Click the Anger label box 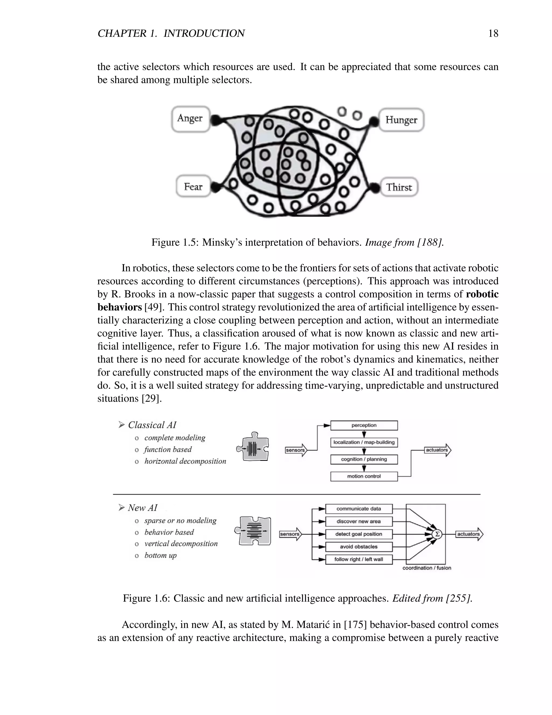[x=191, y=119]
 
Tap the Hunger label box [x=401, y=120]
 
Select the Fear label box [x=193, y=187]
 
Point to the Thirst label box [x=399, y=187]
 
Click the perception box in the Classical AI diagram [x=364, y=425]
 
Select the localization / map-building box [x=364, y=442]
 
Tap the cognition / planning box [x=364, y=459]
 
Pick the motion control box [x=364, y=476]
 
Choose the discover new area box [x=359, y=522]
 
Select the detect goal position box [x=359, y=534]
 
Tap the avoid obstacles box [x=359, y=547]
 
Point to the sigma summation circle [x=437, y=534]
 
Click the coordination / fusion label [x=427, y=568]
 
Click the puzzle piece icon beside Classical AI [x=253, y=447]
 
